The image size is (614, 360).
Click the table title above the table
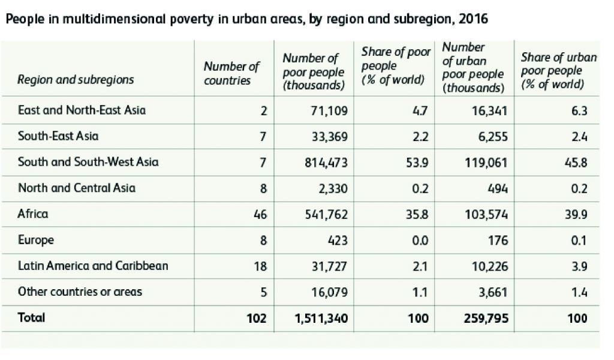(x=246, y=19)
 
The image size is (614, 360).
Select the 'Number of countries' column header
(x=231, y=73)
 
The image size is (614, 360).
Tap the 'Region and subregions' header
(x=76, y=80)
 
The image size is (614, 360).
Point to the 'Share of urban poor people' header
(x=559, y=71)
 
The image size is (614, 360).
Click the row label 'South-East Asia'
(x=58, y=136)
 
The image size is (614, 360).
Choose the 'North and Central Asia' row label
(x=77, y=188)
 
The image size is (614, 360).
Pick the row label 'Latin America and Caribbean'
(x=93, y=266)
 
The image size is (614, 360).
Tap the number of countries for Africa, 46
(x=260, y=214)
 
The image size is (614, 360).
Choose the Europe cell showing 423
(x=337, y=240)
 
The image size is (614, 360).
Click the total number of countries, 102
(x=257, y=318)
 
